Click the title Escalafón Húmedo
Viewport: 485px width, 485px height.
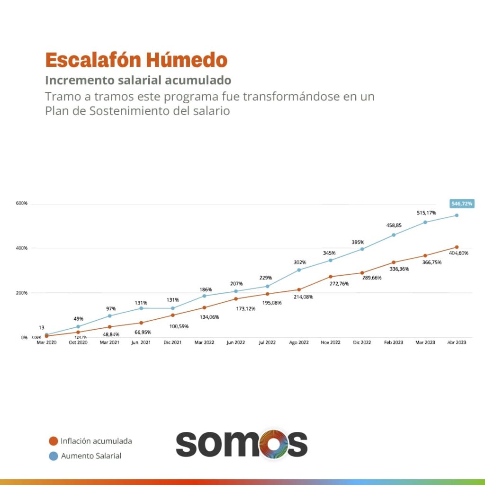click(x=136, y=60)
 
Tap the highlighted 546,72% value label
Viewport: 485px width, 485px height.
click(x=461, y=204)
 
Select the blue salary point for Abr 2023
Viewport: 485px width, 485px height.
click(x=457, y=215)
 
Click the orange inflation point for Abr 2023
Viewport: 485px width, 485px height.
click(x=457, y=247)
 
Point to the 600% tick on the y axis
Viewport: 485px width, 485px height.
click(x=22, y=203)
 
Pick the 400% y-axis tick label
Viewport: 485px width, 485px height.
click(x=22, y=248)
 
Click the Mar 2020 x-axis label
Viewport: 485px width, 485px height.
click(x=46, y=342)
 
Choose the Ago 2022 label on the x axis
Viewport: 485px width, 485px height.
click(x=299, y=342)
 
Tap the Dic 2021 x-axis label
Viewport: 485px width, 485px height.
click(x=172, y=342)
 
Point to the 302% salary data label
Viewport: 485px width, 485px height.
click(x=300, y=262)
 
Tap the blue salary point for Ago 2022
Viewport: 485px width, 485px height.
click(x=299, y=270)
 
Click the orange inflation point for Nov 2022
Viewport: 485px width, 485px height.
click(x=331, y=277)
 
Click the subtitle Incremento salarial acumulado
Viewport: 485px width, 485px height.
click(x=138, y=79)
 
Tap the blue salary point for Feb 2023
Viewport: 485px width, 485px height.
click(x=394, y=235)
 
